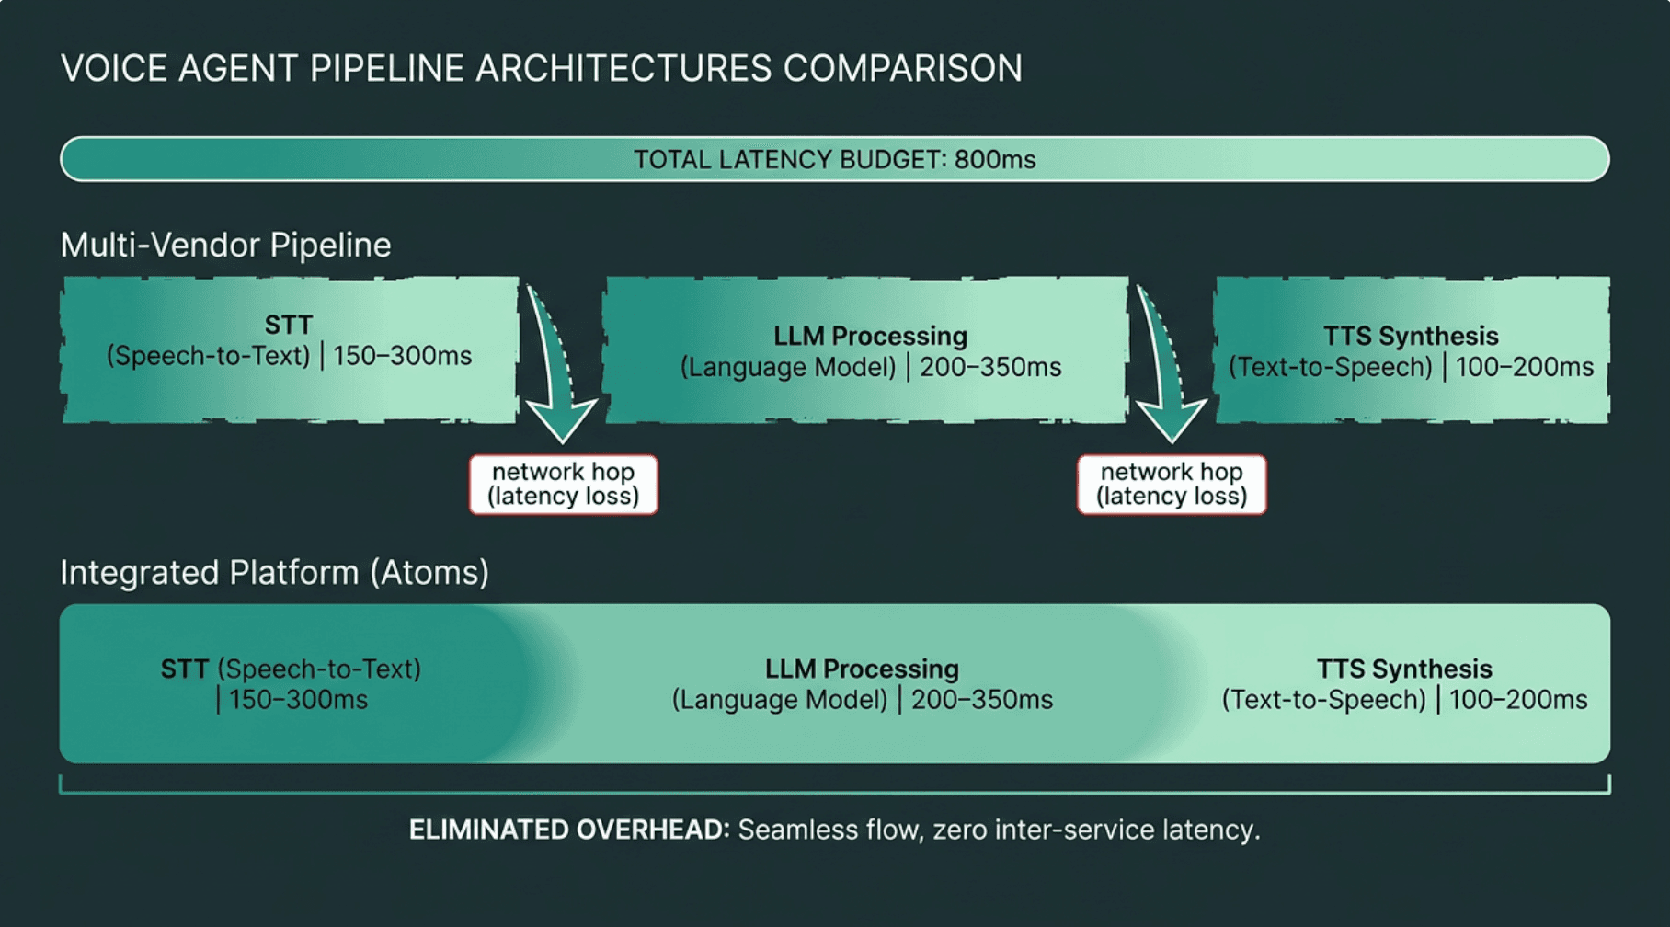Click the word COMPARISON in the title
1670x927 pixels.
pos(902,68)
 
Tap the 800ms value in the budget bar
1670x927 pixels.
pos(995,160)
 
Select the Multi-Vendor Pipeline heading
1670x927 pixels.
pos(225,246)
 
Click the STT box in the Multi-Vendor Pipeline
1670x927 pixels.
pos(290,349)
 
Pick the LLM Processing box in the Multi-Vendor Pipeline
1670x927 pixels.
pos(865,349)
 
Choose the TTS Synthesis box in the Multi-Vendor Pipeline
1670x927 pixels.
pos(1412,349)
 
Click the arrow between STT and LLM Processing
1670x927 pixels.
pos(557,368)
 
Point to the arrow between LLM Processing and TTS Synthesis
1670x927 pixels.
pos(1166,368)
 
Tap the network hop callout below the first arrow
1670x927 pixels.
pos(564,485)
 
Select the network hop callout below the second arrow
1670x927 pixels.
pos(1172,485)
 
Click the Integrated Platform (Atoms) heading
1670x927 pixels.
pos(274,573)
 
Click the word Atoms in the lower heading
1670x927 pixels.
pos(429,573)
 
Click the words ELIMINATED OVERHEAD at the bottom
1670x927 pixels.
pos(569,830)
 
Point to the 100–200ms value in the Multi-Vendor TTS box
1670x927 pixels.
pos(1525,367)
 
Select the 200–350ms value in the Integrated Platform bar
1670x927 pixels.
pos(982,700)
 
